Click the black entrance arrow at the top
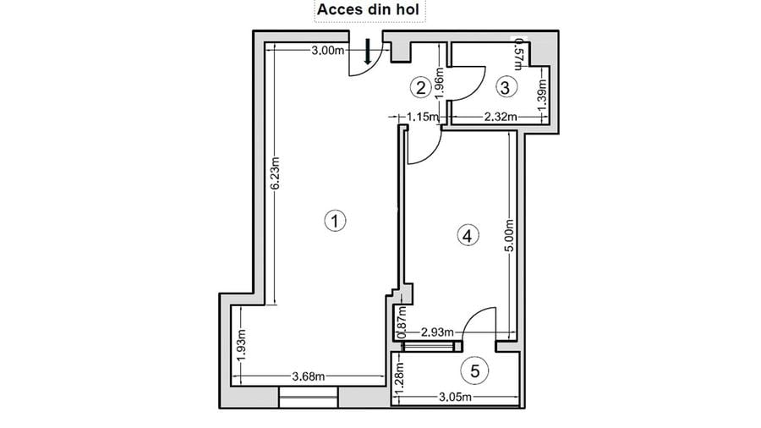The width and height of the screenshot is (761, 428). coord(368,52)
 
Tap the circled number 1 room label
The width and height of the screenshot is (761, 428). coord(336,221)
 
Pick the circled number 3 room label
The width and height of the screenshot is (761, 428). coord(505,85)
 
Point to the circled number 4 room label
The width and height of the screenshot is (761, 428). coord(466,235)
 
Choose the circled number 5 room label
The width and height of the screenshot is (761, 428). coord(475,370)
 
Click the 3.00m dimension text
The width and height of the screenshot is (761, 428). coord(327,51)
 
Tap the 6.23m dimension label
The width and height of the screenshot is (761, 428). coord(276,181)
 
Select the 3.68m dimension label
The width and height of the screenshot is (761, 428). coord(309,376)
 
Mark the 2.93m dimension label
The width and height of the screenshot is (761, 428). coord(437,332)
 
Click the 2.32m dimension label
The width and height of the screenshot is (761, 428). coord(500,117)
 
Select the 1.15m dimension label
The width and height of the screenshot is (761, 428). coord(421,117)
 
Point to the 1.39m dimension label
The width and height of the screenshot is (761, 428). coord(542,96)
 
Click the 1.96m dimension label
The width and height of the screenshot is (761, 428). coord(439,85)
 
